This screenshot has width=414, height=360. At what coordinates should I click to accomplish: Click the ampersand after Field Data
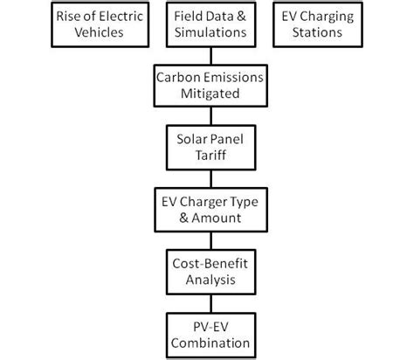point(238,16)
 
